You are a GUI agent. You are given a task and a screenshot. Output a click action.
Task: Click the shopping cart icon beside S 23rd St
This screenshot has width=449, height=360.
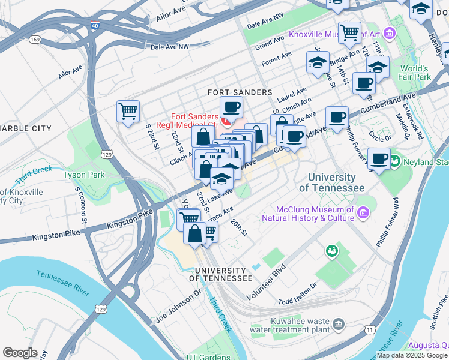click(128, 111)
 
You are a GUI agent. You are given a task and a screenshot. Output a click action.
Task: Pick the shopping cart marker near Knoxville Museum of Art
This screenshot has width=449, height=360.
click(349, 32)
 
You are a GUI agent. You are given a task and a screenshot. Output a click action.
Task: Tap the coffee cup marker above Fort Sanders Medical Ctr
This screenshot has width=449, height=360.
click(231, 108)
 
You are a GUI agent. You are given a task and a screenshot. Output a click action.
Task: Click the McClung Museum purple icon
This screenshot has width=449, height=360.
click(363, 212)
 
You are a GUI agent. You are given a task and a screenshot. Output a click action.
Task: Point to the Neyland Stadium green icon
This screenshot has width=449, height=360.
click(394, 161)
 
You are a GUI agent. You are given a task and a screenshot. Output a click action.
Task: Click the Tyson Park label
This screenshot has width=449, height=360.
click(83, 175)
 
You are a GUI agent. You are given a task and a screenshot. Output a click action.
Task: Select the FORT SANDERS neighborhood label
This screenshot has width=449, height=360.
click(240, 92)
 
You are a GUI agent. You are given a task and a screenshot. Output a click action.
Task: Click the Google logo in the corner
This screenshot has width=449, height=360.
click(20, 353)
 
